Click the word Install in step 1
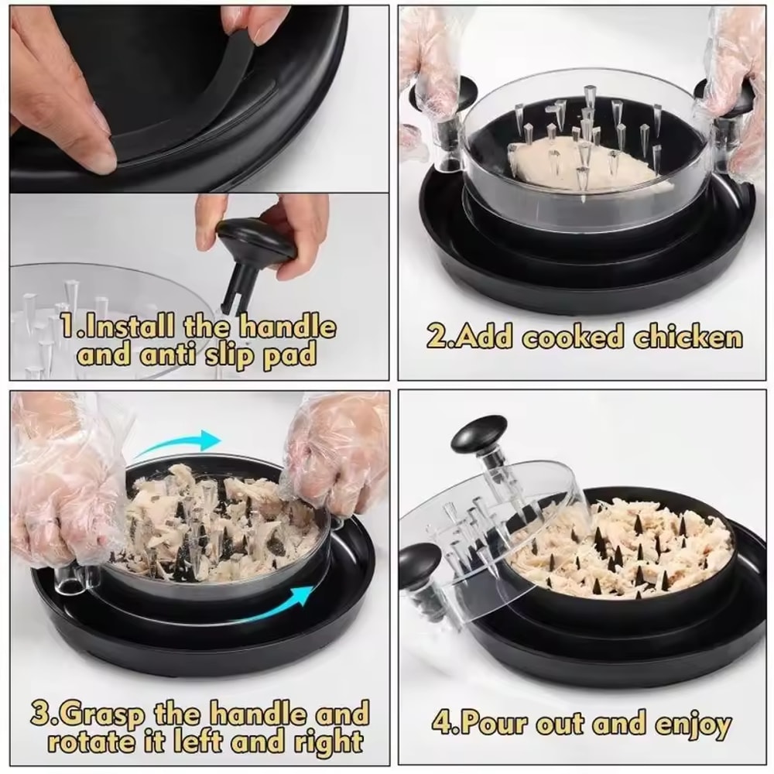(128, 327)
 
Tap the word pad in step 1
(295, 356)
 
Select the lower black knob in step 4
(422, 560)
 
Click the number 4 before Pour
(442, 725)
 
